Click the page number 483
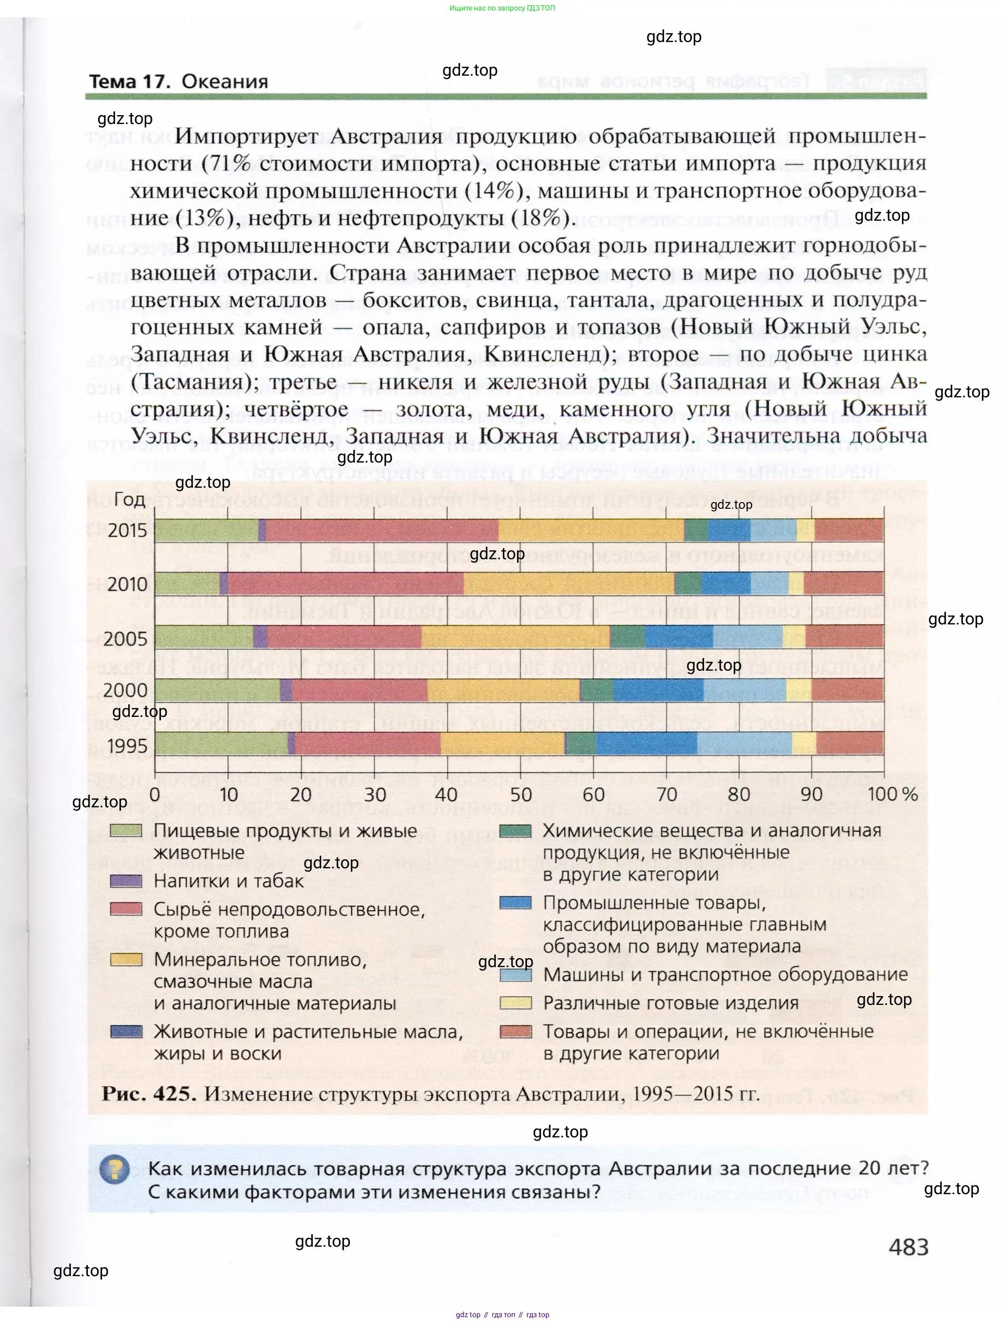click(908, 1247)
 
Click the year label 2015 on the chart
click(127, 530)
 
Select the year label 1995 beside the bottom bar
click(127, 746)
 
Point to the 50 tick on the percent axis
click(521, 794)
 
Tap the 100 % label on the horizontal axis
click(892, 794)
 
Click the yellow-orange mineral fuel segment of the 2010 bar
click(569, 583)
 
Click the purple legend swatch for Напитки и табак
click(126, 881)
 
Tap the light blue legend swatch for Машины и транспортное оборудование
click(515, 975)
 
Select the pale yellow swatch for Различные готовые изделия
click(515, 1003)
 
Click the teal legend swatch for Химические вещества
click(515, 831)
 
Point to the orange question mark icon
click(114, 1169)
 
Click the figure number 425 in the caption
click(175, 1094)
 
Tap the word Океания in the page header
click(225, 81)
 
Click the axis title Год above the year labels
click(129, 499)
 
